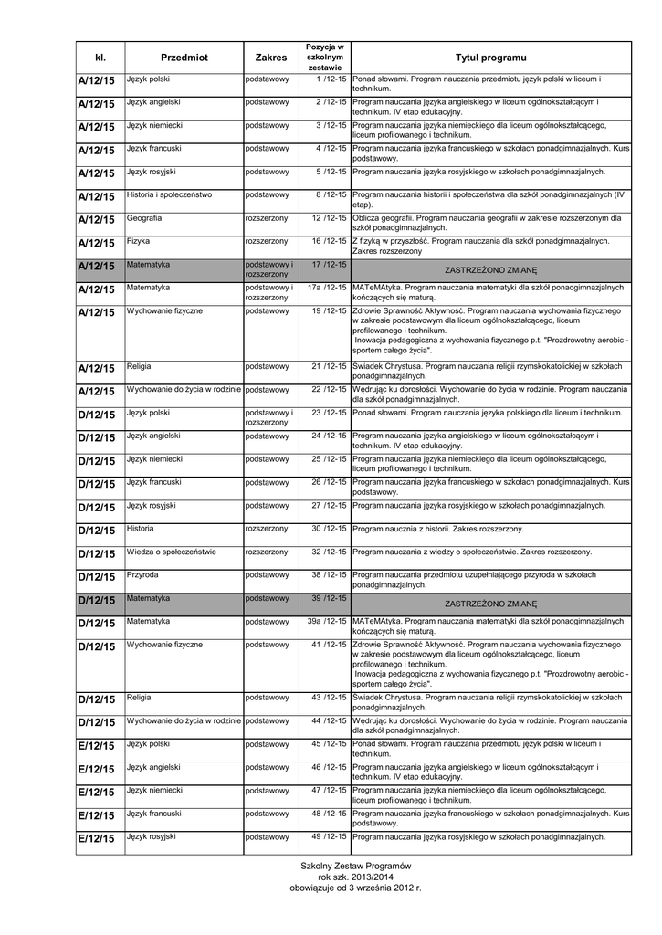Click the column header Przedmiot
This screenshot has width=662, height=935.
[184, 58]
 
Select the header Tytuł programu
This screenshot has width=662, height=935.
[490, 58]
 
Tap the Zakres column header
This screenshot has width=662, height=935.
[271, 58]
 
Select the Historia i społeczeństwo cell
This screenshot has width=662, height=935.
[169, 194]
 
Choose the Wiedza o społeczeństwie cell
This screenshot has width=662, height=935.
[172, 552]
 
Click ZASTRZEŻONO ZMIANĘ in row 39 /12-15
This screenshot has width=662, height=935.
[490, 604]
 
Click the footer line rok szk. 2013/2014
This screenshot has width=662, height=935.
[355, 877]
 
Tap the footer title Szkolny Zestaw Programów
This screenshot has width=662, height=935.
[355, 866]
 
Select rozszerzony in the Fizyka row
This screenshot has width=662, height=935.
[267, 241]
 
